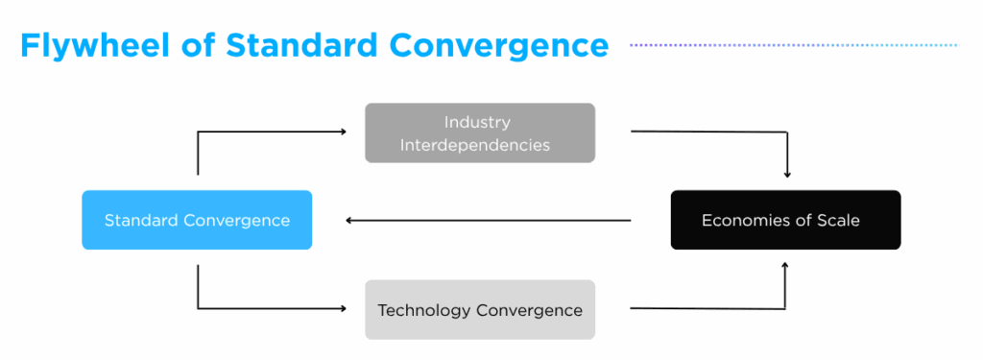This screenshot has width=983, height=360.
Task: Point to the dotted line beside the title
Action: tap(793, 45)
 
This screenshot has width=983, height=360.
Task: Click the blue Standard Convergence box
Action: tap(197, 220)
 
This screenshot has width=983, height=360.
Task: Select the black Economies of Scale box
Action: tap(785, 220)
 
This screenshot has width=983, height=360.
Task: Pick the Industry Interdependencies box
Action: tap(480, 132)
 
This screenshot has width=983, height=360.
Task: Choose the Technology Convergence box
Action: tap(480, 309)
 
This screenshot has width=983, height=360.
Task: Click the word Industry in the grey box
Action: tap(477, 122)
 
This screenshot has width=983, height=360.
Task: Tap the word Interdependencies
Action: tap(478, 145)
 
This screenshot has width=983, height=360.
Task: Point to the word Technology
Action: tap(423, 310)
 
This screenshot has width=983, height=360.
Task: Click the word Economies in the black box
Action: tap(743, 220)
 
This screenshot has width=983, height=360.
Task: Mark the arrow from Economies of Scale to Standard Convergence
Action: tap(490, 221)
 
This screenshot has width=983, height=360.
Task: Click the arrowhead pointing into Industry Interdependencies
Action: tap(343, 132)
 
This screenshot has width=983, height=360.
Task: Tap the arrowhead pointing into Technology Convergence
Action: tap(343, 308)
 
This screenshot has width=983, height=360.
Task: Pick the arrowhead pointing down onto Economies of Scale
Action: tap(787, 174)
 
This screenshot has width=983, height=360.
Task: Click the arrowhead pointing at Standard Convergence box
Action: tap(349, 221)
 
